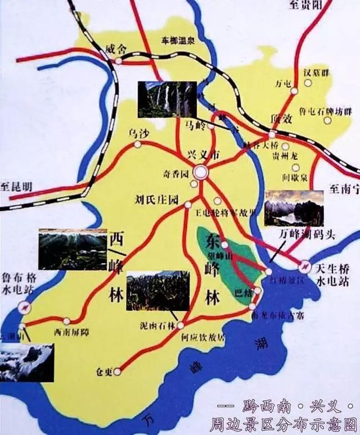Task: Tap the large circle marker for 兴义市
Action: (200, 171)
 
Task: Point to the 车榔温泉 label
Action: (177, 40)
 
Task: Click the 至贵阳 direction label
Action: (308, 6)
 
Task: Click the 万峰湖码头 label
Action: (307, 234)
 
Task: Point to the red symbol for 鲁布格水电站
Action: (24, 307)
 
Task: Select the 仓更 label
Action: (106, 371)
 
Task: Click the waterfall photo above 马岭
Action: (167, 99)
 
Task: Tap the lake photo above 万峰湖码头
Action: (294, 208)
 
